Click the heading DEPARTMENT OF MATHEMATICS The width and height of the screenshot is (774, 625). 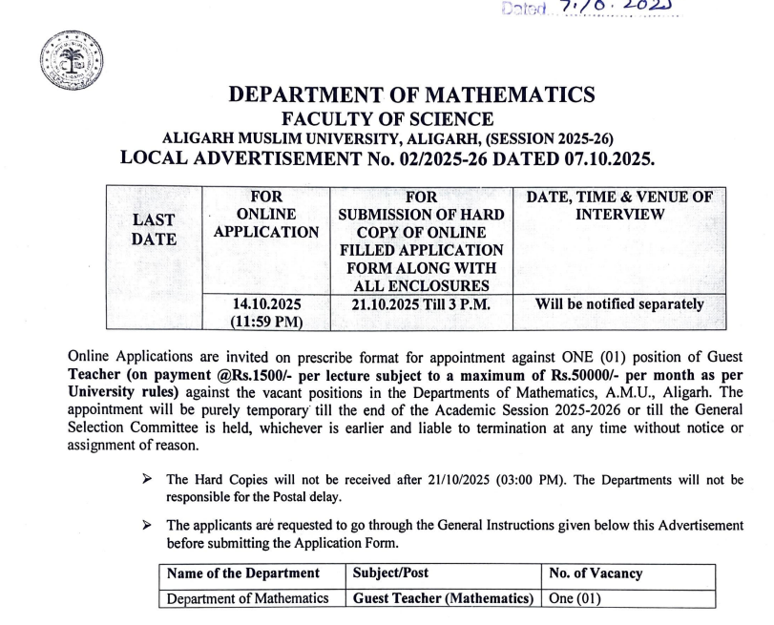[412, 95]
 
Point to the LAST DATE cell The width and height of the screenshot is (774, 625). [154, 230]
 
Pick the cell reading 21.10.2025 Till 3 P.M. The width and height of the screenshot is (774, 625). [420, 304]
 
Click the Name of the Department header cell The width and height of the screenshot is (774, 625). [242, 573]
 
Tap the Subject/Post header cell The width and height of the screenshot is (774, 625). [395, 573]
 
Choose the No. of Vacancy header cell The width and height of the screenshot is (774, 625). [596, 573]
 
